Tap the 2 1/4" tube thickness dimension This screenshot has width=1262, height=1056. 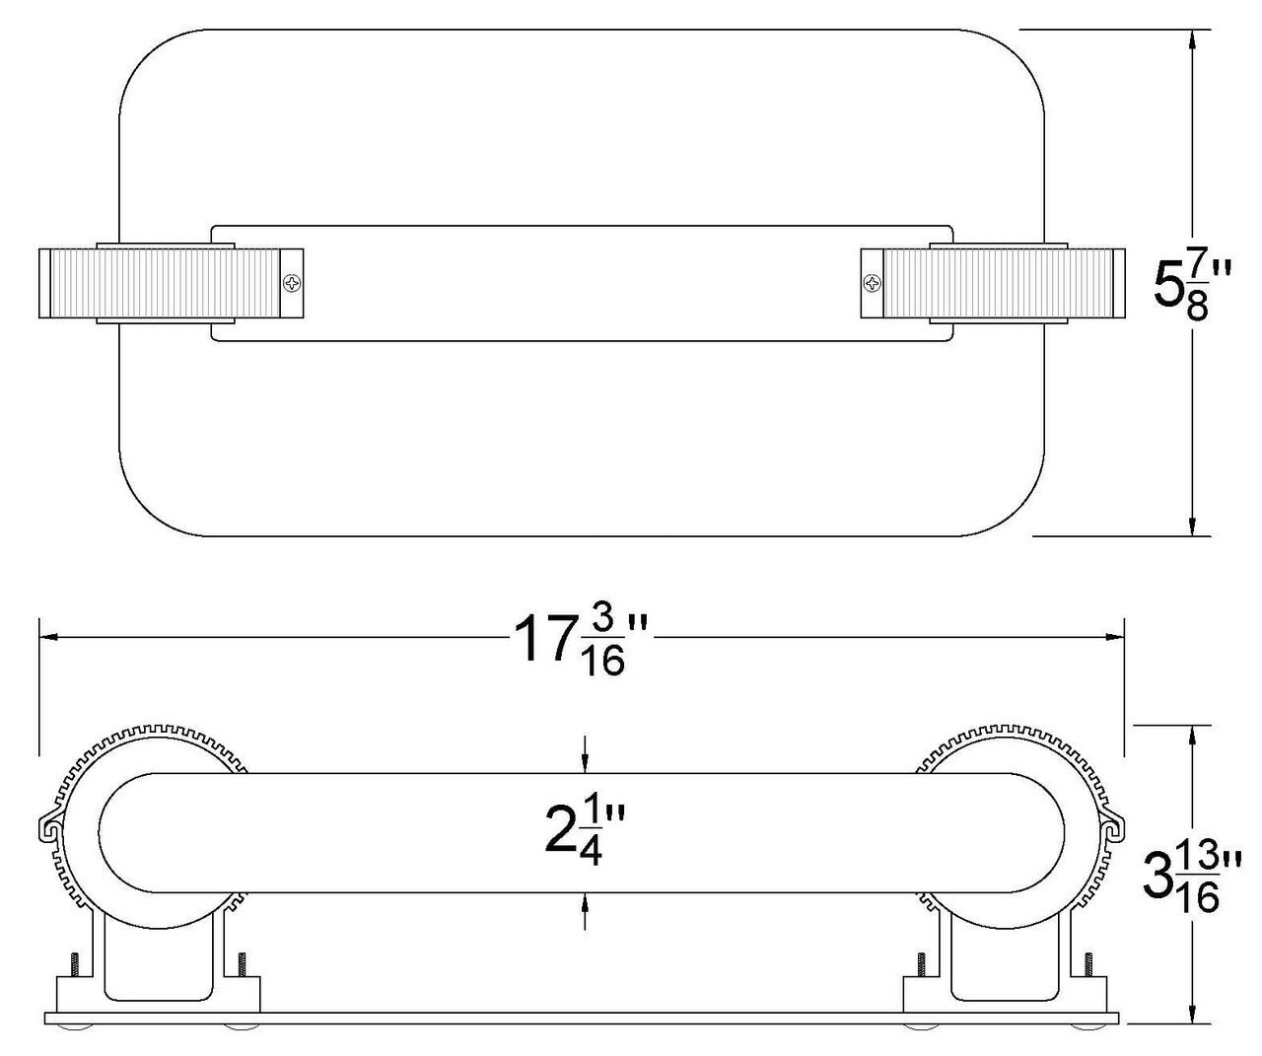click(x=586, y=833)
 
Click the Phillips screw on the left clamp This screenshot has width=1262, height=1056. click(x=293, y=284)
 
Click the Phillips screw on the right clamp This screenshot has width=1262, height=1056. click(x=872, y=284)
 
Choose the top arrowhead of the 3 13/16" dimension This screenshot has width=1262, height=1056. click(x=1194, y=736)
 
